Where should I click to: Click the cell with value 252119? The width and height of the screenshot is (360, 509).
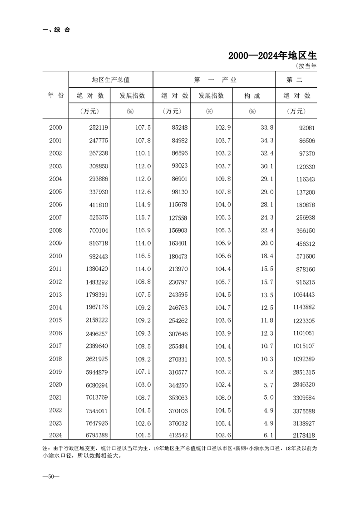pyautogui.click(x=96, y=128)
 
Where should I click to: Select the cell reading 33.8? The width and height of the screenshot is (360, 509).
pyautogui.click(x=266, y=128)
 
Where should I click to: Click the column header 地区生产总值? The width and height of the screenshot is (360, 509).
pyautogui.click(x=111, y=79)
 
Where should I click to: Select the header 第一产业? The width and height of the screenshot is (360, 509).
pyautogui.click(x=215, y=79)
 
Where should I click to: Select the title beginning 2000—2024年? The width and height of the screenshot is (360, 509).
pyautogui.click(x=272, y=56)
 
